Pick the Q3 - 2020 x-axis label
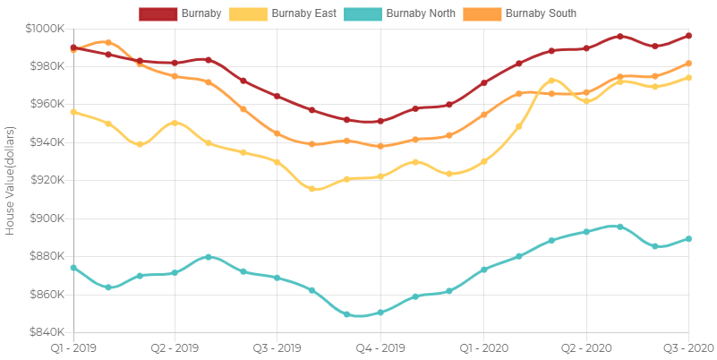pos(688,347)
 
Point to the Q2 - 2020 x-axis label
pos(586,347)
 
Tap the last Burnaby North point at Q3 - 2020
pos(688,239)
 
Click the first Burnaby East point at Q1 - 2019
pos(73,112)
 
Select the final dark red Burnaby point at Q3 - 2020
pos(688,36)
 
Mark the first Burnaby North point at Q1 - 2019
pos(73,268)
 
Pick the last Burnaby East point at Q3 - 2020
pos(688,78)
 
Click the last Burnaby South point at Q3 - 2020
pos(688,64)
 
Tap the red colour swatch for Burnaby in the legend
pos(158,13)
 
